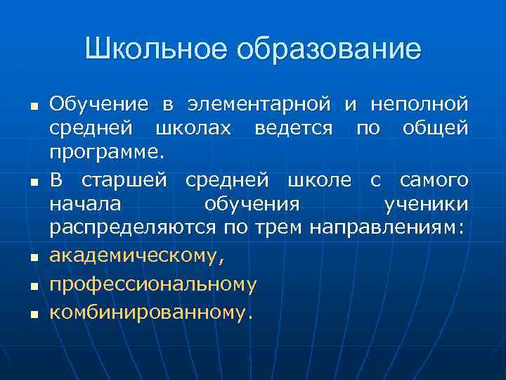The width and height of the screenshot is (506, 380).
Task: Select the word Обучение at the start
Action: [x=98, y=105]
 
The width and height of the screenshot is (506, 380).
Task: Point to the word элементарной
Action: [x=258, y=105]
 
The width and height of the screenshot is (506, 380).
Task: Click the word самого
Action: [x=434, y=180]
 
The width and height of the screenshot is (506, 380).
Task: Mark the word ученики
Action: [x=426, y=205]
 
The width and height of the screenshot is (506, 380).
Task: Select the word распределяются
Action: [x=134, y=229]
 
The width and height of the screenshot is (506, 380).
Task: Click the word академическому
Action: [x=138, y=255]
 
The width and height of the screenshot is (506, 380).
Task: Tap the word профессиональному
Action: [x=153, y=284]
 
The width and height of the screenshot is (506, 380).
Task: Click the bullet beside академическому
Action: [x=32, y=258]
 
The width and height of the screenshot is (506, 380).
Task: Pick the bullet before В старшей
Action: [x=32, y=183]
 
